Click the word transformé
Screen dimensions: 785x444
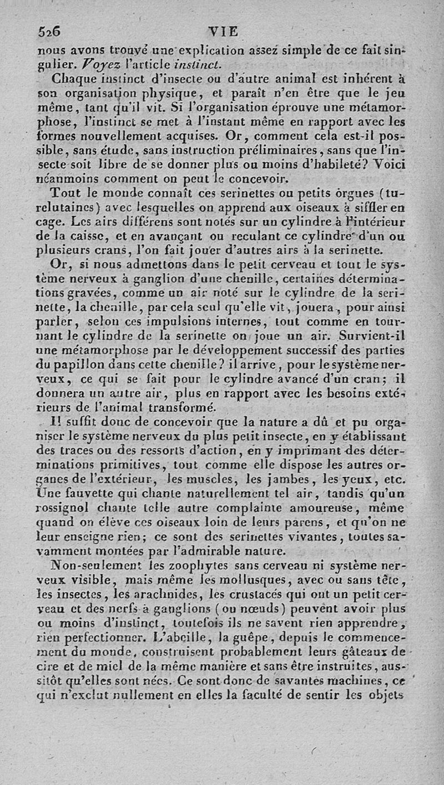coord(168,409)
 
